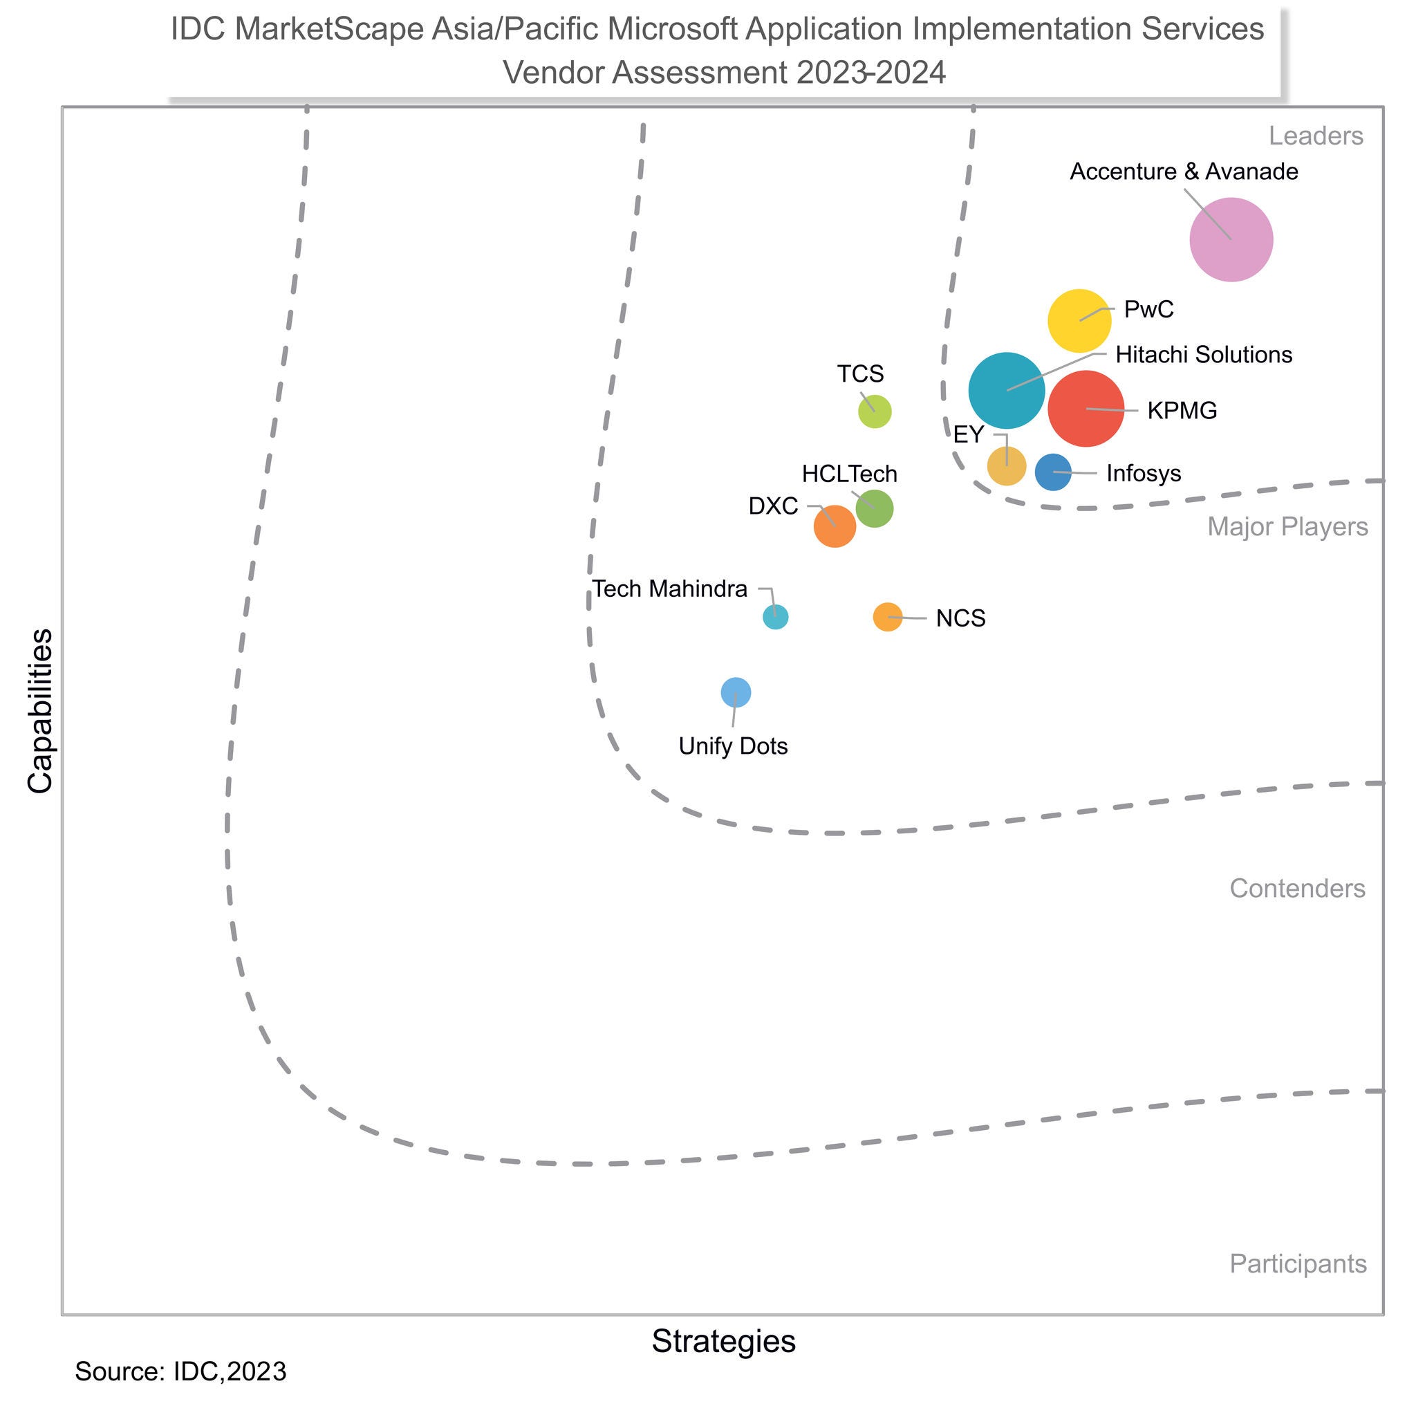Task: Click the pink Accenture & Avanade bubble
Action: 1231,240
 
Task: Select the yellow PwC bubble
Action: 1079,320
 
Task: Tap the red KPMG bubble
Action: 1086,408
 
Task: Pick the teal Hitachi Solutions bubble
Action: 1006,391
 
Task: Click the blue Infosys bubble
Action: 1053,472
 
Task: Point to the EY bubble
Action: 1006,466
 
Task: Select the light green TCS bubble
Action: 875,411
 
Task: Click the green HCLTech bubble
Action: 875,508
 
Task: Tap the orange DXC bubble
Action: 835,526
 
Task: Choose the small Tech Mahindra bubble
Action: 776,617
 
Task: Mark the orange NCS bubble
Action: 888,617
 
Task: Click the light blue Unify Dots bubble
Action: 736,693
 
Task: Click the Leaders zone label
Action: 1316,136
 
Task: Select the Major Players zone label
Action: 1287,527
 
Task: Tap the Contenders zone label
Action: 1296,889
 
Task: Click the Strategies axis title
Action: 723,1342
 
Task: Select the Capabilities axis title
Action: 40,711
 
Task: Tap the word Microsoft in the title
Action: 669,30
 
